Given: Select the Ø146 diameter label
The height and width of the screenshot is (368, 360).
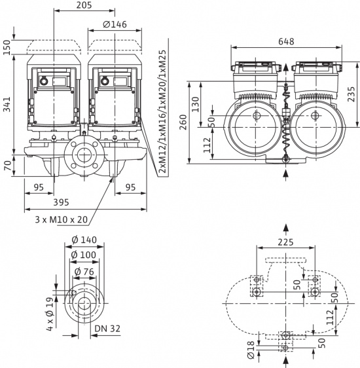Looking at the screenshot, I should click(115, 26).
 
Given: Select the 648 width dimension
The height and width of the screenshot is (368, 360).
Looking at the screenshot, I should click(285, 41).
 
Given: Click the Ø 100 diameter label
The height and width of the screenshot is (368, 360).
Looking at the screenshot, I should click(82, 254).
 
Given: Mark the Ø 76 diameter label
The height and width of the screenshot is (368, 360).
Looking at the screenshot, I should click(82, 271).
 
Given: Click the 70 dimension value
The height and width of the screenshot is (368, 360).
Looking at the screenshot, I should click(8, 165).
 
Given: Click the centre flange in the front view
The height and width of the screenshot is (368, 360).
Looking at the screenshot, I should click(83, 156).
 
